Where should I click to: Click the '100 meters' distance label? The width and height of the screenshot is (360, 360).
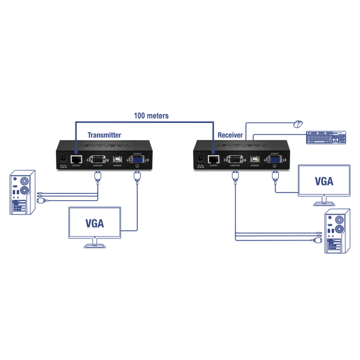[151, 116]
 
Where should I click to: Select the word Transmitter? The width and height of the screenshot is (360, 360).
[104, 135]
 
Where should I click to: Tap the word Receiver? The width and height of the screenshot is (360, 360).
[230, 135]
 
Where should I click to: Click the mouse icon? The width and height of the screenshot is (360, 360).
[298, 124]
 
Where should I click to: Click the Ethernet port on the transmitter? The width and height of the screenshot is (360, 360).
[77, 159]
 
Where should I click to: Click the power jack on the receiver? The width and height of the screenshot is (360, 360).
[199, 159]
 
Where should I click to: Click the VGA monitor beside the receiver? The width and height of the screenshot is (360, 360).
[324, 181]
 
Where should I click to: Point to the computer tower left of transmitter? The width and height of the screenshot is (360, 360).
[22, 193]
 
